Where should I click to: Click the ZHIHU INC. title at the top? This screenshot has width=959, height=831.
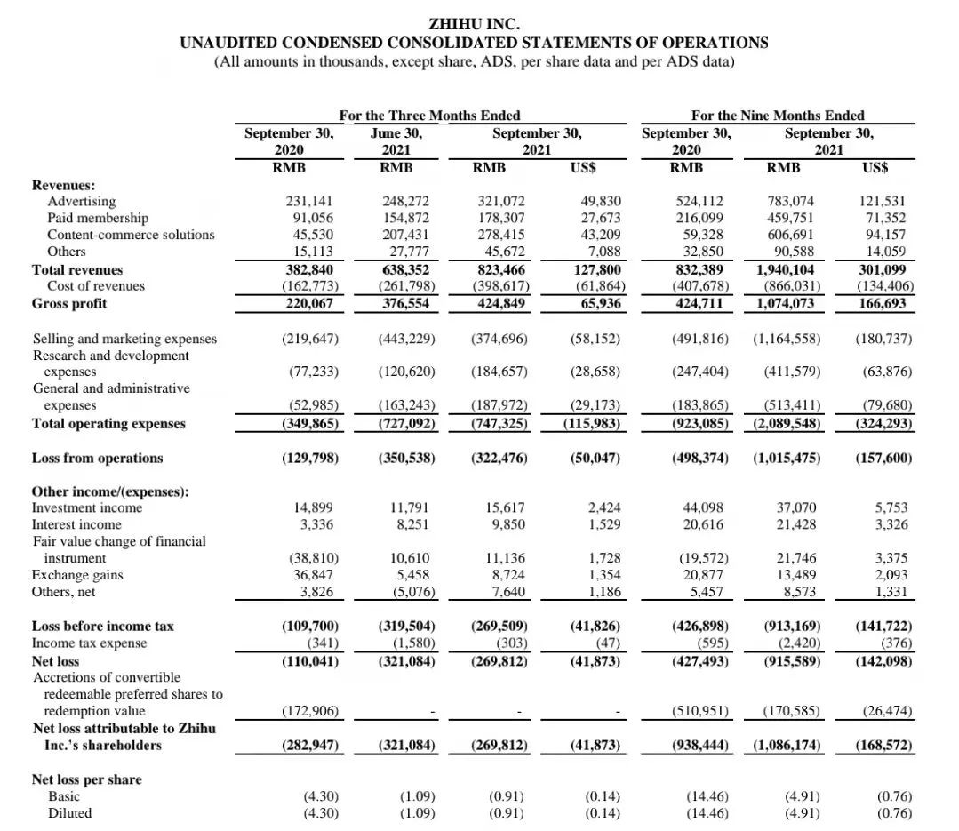[x=474, y=24]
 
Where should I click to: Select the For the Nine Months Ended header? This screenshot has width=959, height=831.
[x=778, y=115]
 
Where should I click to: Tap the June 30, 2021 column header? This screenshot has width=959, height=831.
[x=396, y=141]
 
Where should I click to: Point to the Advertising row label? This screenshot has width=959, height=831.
[x=81, y=201]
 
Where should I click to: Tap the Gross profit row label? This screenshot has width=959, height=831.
[x=69, y=303]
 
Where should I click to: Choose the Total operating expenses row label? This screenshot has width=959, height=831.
[x=108, y=423]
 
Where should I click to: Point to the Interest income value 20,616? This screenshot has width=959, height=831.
[x=705, y=524]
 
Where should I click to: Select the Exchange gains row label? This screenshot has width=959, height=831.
[x=77, y=575]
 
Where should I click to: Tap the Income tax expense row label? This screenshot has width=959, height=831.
[x=90, y=643]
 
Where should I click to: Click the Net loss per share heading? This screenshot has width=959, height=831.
[x=86, y=779]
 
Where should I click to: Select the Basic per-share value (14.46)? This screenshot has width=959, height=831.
[x=706, y=796]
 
